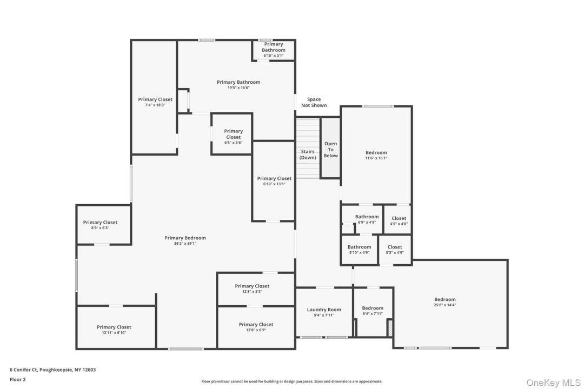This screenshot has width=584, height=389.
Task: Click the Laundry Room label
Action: click(x=324, y=310)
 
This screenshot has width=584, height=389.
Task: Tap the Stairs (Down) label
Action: click(x=308, y=155)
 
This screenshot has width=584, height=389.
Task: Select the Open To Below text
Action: click(x=330, y=149)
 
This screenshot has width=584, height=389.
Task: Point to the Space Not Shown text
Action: click(x=314, y=102)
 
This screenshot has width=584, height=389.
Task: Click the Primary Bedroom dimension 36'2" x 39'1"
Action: click(x=185, y=244)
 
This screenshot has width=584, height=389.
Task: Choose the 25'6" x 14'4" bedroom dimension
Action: click(x=444, y=305)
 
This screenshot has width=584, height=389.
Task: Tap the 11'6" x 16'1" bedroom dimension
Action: click(x=376, y=158)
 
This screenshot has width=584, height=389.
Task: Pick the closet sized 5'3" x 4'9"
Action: click(x=395, y=250)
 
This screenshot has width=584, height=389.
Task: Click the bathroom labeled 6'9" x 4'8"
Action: click(x=367, y=219)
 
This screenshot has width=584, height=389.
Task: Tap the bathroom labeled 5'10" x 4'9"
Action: click(x=360, y=250)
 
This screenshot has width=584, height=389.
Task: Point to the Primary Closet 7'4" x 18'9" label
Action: click(x=155, y=102)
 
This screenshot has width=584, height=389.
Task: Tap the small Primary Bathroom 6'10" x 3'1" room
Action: click(x=274, y=50)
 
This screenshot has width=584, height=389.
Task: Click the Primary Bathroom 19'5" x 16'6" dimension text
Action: click(x=238, y=88)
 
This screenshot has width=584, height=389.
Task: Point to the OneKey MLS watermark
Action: click(x=553, y=383)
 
